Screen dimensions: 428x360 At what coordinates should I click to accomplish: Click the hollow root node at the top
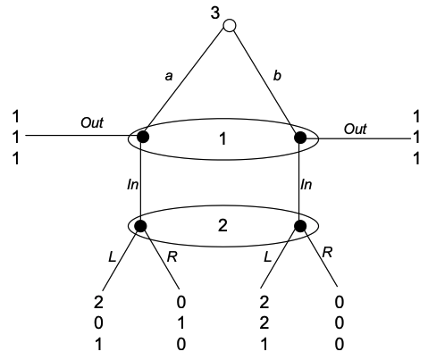[230, 26]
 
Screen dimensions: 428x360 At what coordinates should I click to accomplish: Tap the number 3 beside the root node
[215, 13]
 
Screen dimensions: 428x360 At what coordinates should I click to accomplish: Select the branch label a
[169, 76]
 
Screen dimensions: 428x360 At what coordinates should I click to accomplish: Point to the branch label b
[277, 76]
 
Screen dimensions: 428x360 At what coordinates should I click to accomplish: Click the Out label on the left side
[92, 122]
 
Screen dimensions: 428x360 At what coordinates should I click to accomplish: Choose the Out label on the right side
[356, 129]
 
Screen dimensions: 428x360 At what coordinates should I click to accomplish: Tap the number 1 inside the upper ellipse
[222, 139]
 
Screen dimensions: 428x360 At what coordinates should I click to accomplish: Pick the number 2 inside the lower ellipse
[222, 225]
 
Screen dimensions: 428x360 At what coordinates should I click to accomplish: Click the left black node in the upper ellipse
[143, 137]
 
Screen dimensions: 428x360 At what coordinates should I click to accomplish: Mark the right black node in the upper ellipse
[300, 138]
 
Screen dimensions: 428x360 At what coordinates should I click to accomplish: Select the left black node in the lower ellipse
[140, 226]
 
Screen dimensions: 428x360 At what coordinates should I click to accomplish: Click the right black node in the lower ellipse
[300, 226]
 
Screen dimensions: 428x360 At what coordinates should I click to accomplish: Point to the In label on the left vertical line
[132, 185]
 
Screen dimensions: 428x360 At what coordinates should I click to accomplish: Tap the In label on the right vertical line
[306, 185]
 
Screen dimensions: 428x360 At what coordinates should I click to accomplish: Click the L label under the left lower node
[112, 256]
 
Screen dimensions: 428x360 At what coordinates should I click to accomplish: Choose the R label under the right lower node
[327, 253]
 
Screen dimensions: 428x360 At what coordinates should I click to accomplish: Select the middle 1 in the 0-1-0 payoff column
[181, 323]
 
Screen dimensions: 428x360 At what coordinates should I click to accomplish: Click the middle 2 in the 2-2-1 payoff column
[264, 323]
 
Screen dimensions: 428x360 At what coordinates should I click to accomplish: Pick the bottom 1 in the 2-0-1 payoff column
[98, 345]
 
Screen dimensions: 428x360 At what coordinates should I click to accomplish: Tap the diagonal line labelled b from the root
[265, 81]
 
